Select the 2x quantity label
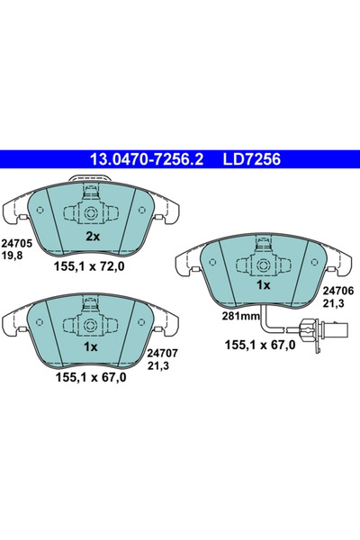click(92, 238)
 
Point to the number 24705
click(16, 242)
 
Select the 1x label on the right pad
click(264, 284)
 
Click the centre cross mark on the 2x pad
click(93, 214)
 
